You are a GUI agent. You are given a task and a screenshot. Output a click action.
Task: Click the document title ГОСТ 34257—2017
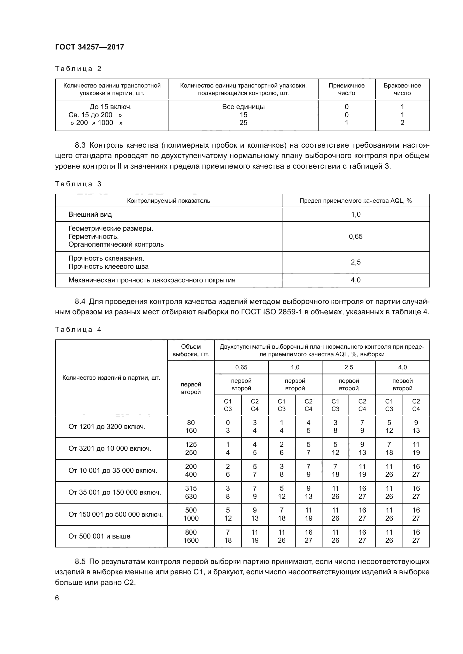pyautogui.click(x=90, y=47)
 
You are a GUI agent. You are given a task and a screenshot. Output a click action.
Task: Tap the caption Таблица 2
pyautogui.click(x=78, y=69)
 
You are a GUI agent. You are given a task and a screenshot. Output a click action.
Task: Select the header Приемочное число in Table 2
pyautogui.click(x=346, y=89)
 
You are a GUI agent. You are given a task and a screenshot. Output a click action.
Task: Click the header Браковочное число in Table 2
pyautogui.click(x=402, y=89)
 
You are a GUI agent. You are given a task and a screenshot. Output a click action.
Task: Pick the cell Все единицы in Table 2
pyautogui.click(x=243, y=107)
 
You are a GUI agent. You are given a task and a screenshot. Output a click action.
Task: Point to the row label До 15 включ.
pyautogui.click(x=111, y=107)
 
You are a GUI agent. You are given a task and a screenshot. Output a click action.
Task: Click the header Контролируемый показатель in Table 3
pyautogui.click(x=169, y=201)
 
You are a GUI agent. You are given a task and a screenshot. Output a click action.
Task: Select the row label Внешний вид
pyautogui.click(x=90, y=214)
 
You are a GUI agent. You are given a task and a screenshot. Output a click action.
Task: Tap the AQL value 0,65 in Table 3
pyautogui.click(x=356, y=237)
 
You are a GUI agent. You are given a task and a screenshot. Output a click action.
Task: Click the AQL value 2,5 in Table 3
pyautogui.click(x=356, y=262)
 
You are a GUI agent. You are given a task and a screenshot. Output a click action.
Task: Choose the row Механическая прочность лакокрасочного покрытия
pyautogui.click(x=152, y=280)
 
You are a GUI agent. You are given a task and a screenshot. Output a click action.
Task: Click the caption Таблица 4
pyautogui.click(x=78, y=330)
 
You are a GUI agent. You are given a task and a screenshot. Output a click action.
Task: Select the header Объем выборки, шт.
pyautogui.click(x=191, y=350)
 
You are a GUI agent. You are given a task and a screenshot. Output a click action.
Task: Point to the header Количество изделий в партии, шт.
pyautogui.click(x=111, y=378)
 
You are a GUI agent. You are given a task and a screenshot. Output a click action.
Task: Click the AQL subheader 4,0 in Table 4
pyautogui.click(x=402, y=367)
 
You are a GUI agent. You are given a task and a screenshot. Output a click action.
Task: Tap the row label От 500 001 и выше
pyautogui.click(x=99, y=536)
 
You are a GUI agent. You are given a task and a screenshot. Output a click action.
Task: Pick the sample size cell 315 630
pyautogui.click(x=191, y=492)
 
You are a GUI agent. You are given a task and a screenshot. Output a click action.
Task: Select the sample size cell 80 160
pyautogui.click(x=191, y=427)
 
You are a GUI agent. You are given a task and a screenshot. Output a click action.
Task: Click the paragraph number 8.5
pyautogui.click(x=80, y=562)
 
